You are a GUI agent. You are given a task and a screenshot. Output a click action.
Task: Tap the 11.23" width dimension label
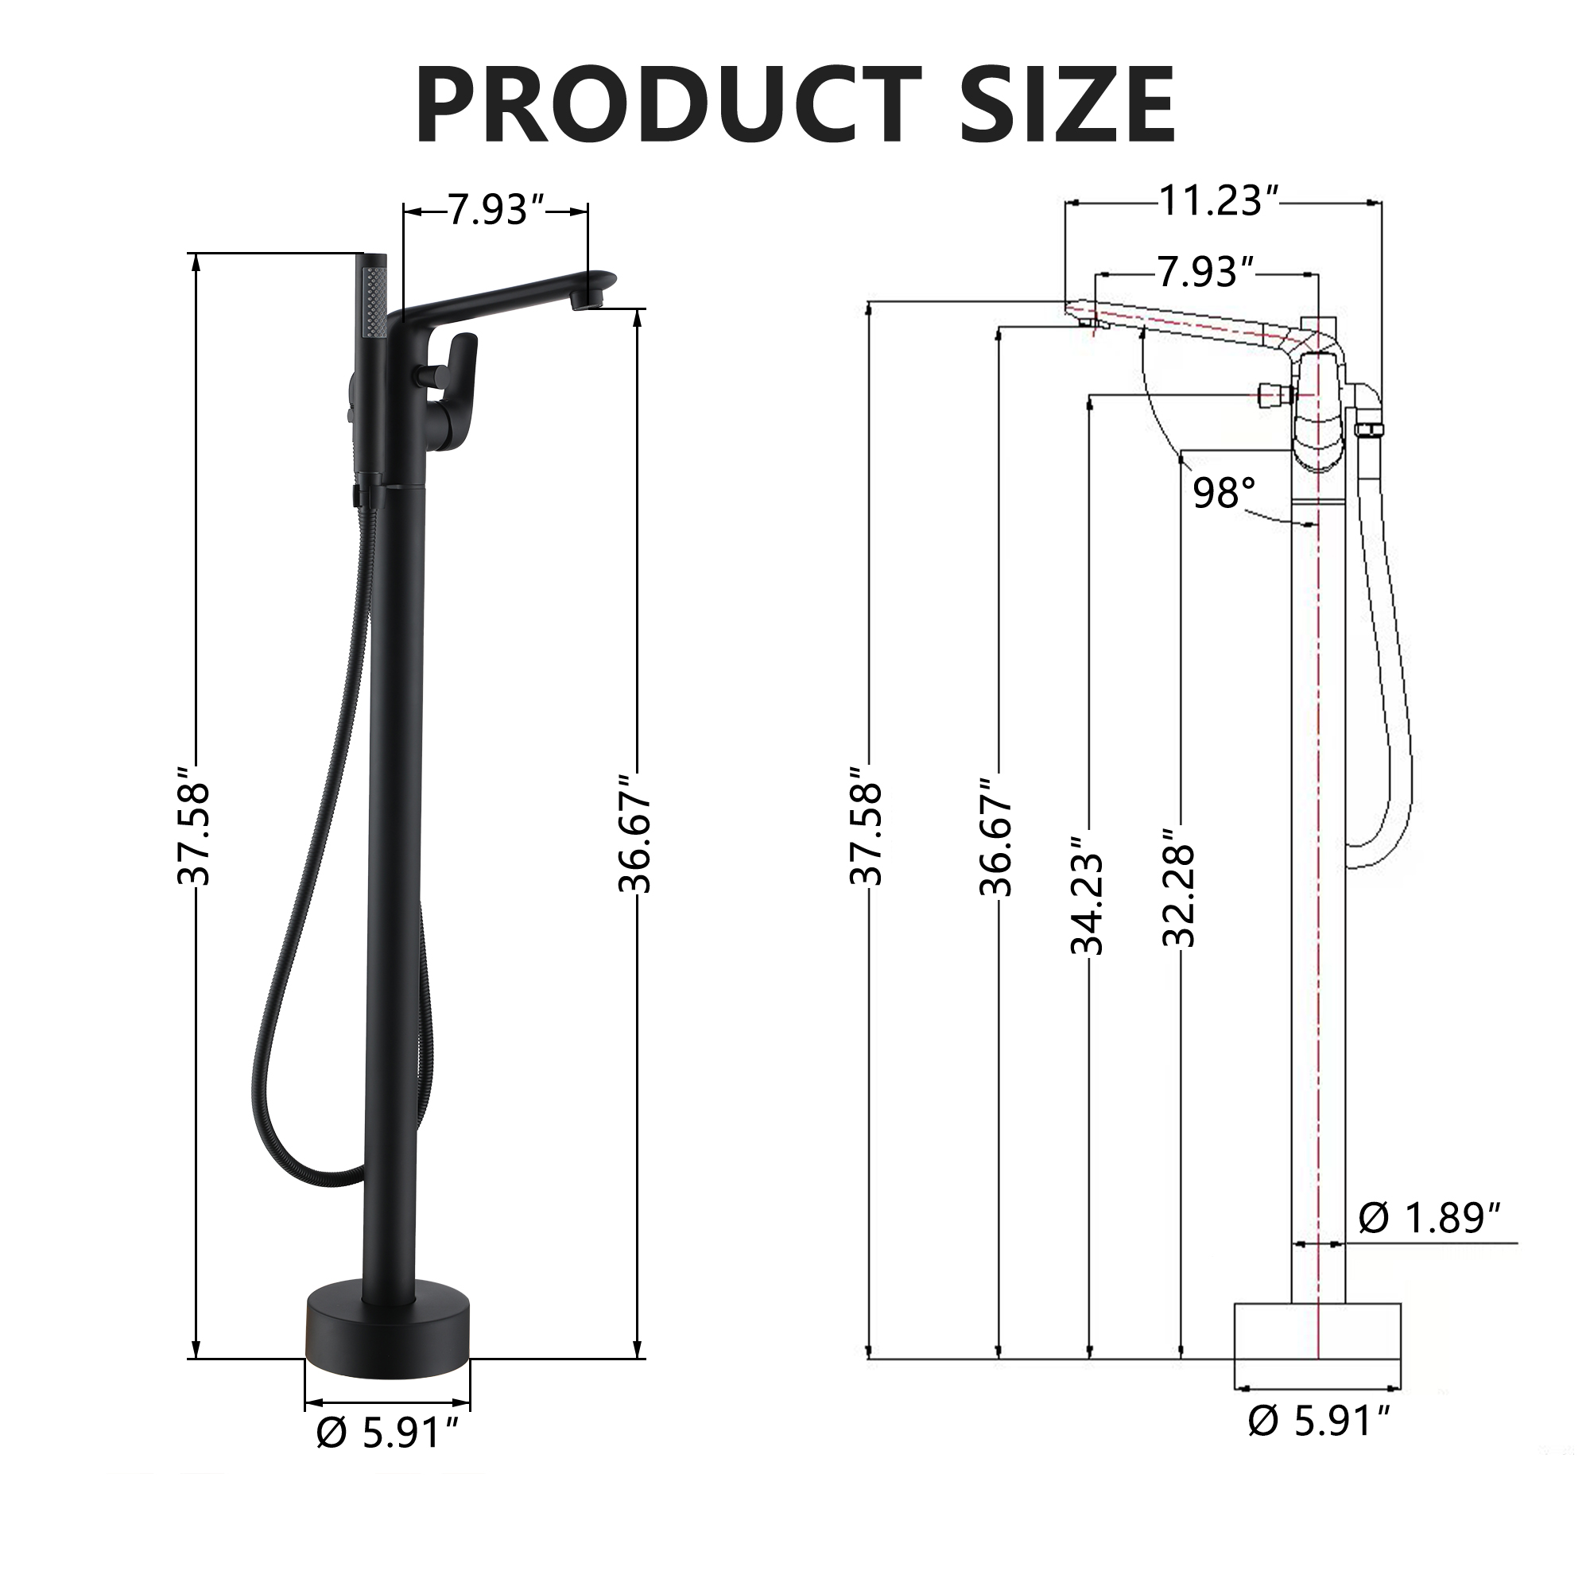pos(1220,201)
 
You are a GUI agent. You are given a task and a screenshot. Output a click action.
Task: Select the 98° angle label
pos(1224,493)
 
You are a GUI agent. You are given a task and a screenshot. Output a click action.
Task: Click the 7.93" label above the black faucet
pos(497,211)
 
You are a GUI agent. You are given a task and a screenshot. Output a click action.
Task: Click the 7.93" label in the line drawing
pos(1207,273)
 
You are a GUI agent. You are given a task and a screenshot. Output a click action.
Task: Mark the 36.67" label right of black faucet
pos(635,833)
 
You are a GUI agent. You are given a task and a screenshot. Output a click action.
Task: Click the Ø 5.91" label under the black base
pos(387,1433)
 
